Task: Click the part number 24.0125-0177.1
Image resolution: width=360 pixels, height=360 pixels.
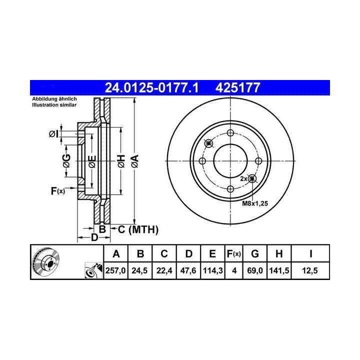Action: click(151, 87)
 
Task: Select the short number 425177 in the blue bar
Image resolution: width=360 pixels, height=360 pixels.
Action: click(237, 87)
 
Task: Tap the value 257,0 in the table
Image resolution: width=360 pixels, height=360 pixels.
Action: click(115, 270)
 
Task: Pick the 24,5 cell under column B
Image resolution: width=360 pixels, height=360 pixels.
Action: click(139, 270)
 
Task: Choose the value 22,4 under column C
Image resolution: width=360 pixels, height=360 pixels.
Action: click(164, 270)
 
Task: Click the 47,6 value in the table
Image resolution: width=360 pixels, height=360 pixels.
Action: click(188, 270)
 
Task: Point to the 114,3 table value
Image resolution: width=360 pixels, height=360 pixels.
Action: click(213, 270)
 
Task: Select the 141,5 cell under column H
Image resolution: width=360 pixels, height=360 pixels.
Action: click(279, 270)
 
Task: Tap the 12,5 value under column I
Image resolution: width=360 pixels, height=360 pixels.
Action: click(310, 270)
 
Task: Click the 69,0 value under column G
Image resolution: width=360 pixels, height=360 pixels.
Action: click(255, 270)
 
